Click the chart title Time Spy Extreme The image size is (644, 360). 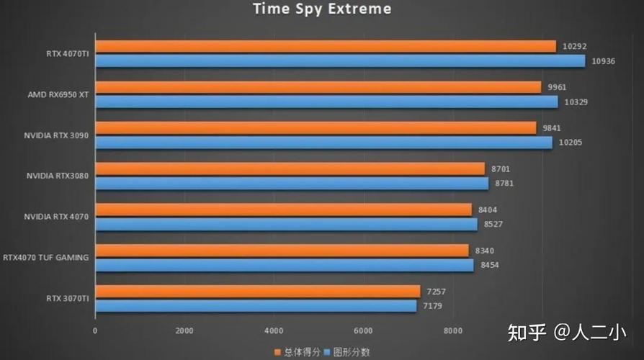click(322, 9)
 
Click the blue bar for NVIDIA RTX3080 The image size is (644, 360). click(292, 184)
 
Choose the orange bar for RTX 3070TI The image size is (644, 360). click(257, 291)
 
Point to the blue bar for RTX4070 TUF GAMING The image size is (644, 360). click(285, 265)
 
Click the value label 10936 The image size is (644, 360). click(603, 61)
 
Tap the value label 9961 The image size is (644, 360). click(557, 87)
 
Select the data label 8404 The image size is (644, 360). click(488, 210)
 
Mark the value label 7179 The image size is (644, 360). click(433, 306)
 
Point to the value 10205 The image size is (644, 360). click(570, 143)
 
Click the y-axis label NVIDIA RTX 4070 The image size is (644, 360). click(56, 217)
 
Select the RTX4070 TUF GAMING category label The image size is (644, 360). click(46, 257)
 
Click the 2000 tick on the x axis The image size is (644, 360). click(184, 331)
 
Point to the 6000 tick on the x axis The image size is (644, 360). click(363, 331)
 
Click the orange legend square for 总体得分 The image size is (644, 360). click(277, 352)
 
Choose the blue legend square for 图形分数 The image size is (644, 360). click(327, 352)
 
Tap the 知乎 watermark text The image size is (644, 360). click(525, 333)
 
